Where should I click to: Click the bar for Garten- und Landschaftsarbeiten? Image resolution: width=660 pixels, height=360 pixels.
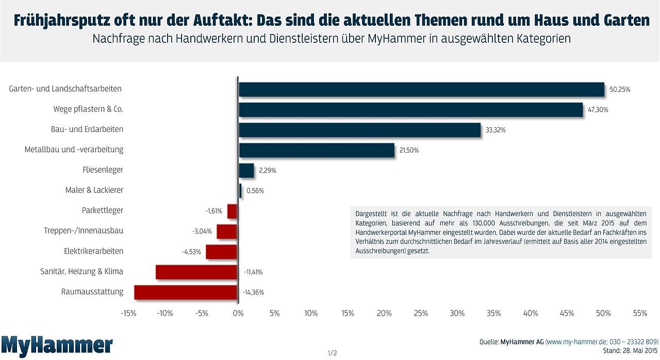pos(421,89)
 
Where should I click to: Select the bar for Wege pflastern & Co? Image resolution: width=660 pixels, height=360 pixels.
pos(410,110)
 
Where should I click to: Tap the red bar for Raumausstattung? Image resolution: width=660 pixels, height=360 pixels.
pos(186,292)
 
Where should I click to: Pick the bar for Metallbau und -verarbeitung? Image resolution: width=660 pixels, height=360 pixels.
pos(317,150)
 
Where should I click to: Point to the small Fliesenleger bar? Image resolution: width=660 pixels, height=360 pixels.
pos(246,170)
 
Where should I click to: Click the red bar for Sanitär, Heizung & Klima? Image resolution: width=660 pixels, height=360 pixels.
pos(196,272)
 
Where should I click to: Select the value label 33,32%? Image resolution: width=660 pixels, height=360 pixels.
pos(496,130)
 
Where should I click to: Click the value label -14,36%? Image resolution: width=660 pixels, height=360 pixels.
pos(253,292)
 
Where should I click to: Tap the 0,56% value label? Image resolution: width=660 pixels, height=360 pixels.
pos(255,191)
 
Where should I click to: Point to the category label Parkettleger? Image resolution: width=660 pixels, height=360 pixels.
pos(103,210)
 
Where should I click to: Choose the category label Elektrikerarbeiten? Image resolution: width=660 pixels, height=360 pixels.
pos(94,251)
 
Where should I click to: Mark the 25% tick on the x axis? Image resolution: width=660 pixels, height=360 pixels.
pos(421,313)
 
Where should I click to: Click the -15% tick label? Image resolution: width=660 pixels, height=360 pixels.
pos(128,313)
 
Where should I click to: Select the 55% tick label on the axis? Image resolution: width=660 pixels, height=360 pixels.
pos(640,313)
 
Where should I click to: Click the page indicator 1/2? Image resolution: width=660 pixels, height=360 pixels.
pos(332,353)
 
